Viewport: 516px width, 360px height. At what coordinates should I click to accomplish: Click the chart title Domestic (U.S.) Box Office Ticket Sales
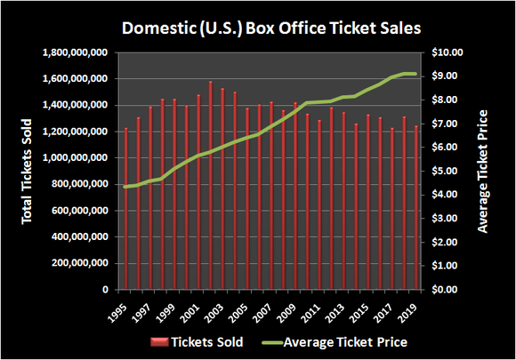tap(258, 27)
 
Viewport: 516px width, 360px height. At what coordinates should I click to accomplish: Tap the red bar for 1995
tap(126, 209)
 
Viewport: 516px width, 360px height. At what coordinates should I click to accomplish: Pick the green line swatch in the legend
tap(281, 342)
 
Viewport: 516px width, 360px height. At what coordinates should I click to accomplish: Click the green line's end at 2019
tap(415, 74)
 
